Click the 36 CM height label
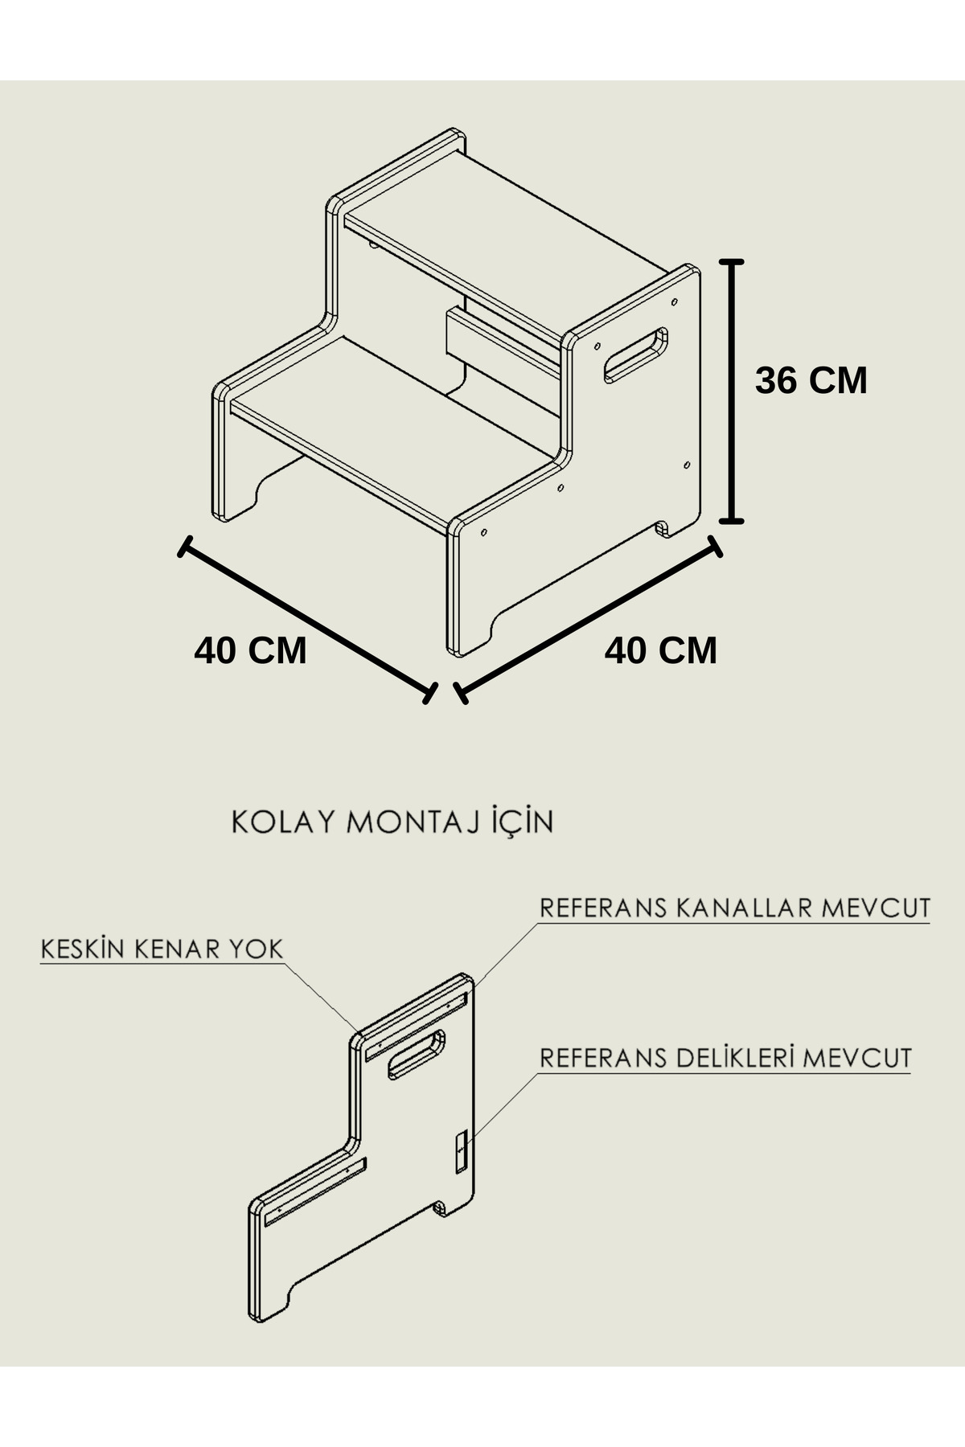coord(811,380)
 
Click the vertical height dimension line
coord(731,391)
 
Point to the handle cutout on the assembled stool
coord(636,355)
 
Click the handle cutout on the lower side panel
coord(417,1054)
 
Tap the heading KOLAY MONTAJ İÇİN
coord(392,822)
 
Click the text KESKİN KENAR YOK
coord(162,949)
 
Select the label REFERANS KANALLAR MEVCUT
coord(735,908)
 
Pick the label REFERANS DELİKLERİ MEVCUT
coord(725,1058)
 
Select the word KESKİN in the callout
coord(83,949)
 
